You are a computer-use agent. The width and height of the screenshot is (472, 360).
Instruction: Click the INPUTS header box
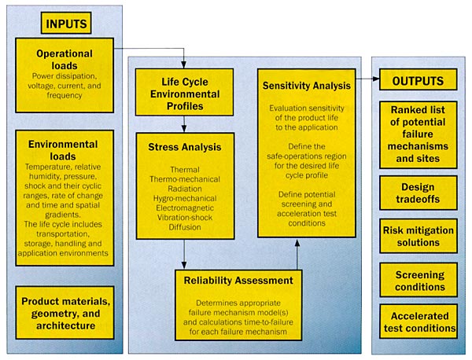[x=66, y=23]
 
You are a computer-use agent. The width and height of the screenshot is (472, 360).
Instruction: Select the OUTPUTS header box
[x=419, y=79]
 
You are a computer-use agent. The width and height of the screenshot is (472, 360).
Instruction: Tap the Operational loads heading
[x=65, y=60]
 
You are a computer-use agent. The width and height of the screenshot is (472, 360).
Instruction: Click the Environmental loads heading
[x=63, y=150]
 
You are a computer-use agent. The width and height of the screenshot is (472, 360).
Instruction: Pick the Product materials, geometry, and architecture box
[x=65, y=313]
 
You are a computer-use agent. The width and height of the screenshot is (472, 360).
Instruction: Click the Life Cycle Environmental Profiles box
[x=185, y=92]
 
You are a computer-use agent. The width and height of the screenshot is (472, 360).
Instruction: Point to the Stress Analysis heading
[x=185, y=147]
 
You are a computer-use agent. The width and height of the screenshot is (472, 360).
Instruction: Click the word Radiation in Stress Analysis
[x=185, y=189]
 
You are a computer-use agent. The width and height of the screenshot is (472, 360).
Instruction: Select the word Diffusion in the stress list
[x=185, y=227]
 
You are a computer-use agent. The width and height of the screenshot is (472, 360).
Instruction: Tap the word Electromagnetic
[x=185, y=208]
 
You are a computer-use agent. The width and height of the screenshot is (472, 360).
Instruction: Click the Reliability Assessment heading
[x=238, y=281]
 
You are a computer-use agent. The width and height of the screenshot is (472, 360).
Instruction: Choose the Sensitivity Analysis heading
[x=307, y=86]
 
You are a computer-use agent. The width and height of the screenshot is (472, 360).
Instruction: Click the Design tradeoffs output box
[x=419, y=193]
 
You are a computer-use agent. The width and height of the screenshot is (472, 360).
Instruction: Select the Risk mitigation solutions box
[x=419, y=236]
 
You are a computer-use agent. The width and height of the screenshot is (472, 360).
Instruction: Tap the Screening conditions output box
[x=419, y=280]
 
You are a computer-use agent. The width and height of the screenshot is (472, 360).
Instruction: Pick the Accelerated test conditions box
[x=419, y=321]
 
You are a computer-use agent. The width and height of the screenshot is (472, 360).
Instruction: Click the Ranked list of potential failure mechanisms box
[x=419, y=134]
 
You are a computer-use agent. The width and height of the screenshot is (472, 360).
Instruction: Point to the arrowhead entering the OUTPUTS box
[x=376, y=79]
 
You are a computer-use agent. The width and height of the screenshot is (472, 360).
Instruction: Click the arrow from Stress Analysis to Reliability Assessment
[x=184, y=255]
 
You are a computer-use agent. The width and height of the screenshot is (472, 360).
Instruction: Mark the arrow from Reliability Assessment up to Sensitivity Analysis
[x=297, y=255]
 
